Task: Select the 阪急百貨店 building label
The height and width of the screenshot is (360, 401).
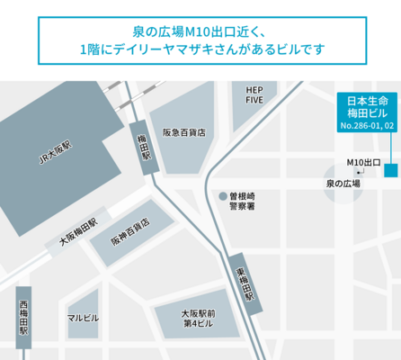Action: (183, 131)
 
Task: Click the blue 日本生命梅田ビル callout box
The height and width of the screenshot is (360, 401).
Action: (365, 112)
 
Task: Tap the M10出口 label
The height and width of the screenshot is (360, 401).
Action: (364, 162)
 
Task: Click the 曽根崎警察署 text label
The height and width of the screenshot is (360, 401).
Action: (243, 200)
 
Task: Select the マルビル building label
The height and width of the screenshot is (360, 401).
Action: (83, 319)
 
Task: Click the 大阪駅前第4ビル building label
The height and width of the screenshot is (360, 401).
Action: (197, 318)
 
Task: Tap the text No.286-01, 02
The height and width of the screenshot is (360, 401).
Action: (365, 127)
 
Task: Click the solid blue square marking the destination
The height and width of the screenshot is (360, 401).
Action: (389, 170)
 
